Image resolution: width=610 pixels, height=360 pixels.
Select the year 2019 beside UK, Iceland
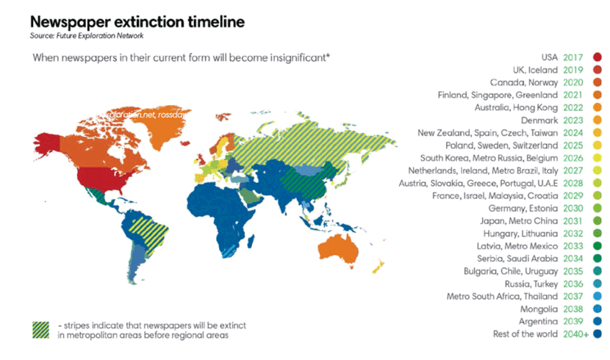(573, 70)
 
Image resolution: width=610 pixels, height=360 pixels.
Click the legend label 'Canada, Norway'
(523, 82)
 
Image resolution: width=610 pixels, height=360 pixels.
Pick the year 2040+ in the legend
(575, 335)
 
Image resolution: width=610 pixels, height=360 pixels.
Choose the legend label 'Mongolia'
(539, 309)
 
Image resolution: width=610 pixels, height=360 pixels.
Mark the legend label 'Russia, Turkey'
(531, 284)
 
